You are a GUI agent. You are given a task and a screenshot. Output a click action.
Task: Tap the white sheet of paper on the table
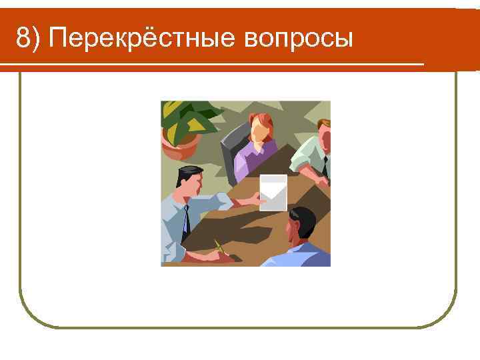click(273, 193)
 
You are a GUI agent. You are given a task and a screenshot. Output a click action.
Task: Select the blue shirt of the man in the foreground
click(300, 255)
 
